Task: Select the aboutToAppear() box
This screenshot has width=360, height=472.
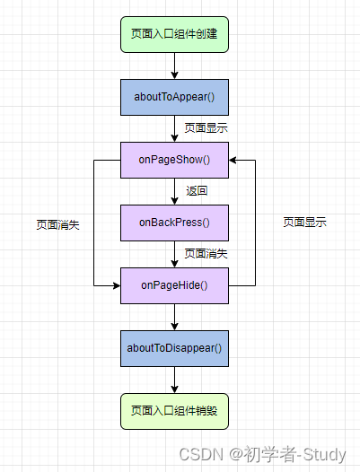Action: [174, 97]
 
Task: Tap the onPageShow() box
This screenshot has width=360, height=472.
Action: [174, 160]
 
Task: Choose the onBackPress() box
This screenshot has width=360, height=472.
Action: [174, 222]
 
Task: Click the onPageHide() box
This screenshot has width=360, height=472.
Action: [174, 285]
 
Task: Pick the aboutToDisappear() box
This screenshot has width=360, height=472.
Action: [174, 347]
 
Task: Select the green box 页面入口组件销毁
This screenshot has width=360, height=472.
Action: [174, 411]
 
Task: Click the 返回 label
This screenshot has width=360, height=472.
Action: [197, 191]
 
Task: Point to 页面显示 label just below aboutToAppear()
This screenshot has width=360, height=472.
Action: [206, 128]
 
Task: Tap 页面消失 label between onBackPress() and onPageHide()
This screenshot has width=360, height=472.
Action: [206, 254]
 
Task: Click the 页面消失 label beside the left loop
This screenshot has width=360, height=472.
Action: [57, 224]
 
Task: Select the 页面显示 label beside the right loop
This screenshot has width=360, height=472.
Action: [304, 222]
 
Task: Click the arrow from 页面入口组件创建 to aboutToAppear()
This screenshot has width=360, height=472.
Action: [175, 66]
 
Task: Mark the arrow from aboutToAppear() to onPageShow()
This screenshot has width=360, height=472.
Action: [175, 128]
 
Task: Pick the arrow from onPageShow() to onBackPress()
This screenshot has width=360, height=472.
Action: [175, 191]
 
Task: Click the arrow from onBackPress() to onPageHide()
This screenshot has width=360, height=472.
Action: [175, 254]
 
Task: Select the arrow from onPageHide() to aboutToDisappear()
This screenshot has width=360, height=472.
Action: [175, 317]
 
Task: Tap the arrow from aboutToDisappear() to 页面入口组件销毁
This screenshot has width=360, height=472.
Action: [175, 380]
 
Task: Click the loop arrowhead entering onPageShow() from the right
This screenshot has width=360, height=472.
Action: [234, 160]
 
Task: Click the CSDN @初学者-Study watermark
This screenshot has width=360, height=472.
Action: [268, 454]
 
